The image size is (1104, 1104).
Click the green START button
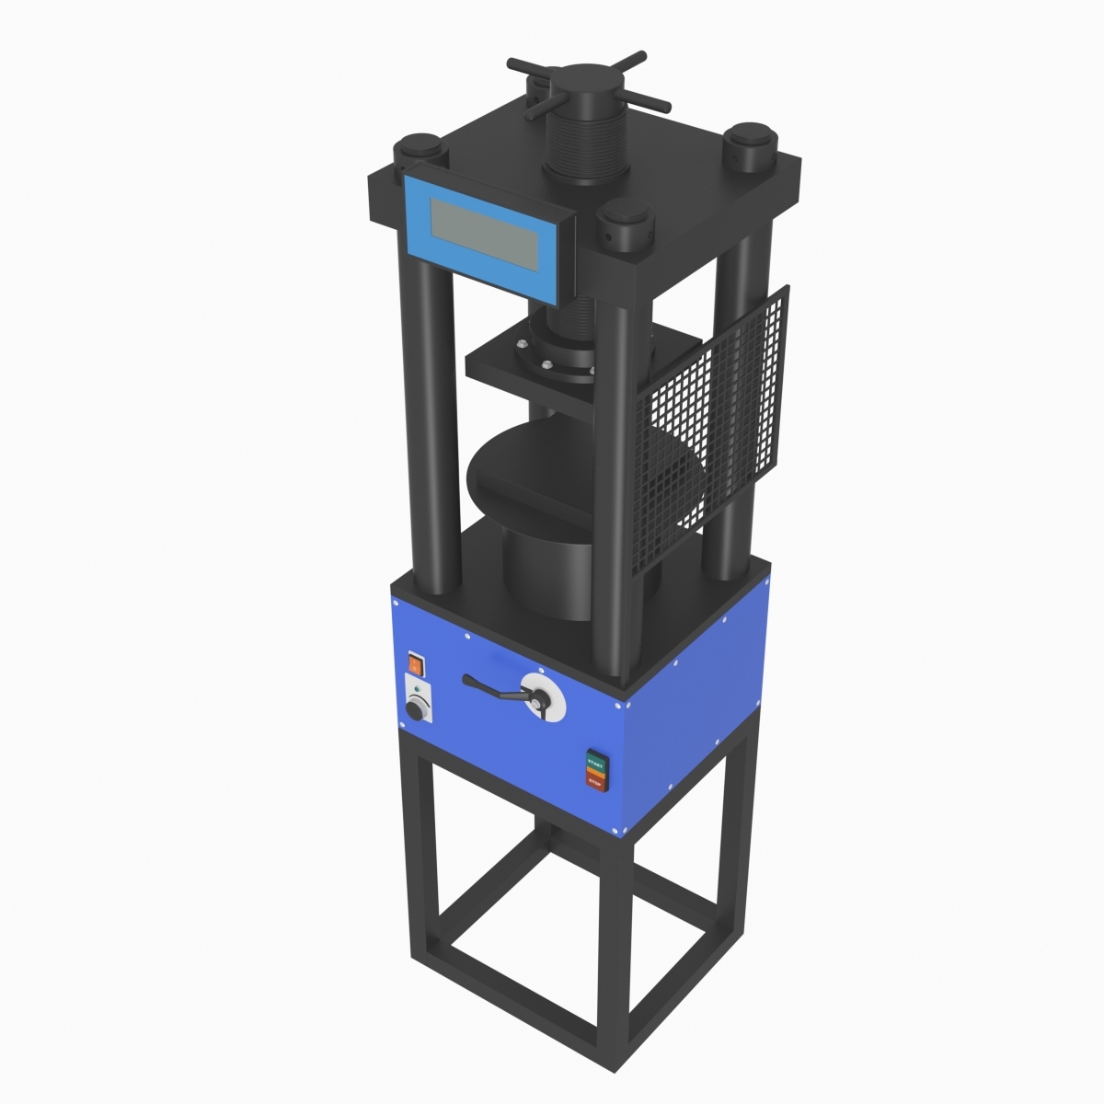(x=596, y=763)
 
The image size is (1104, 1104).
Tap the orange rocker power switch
(x=416, y=661)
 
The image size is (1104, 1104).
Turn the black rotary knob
(x=418, y=709)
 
